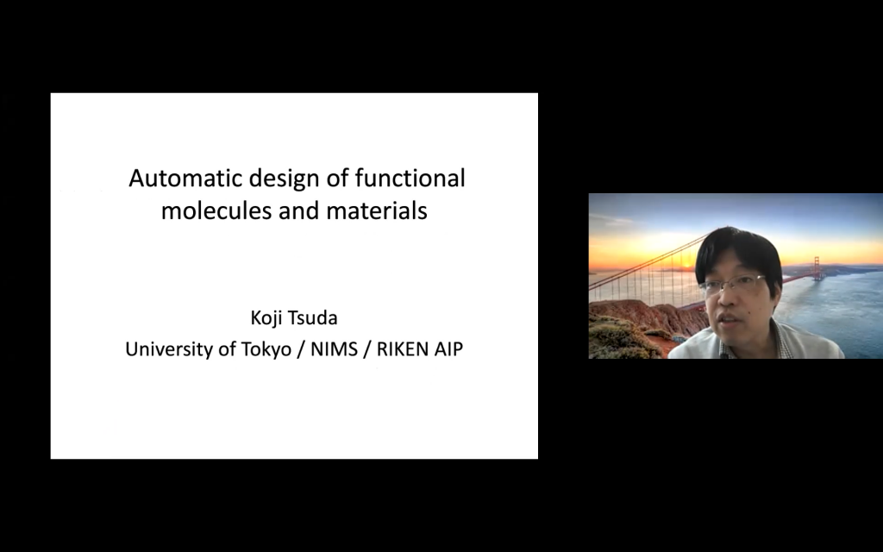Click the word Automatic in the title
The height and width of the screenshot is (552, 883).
(185, 178)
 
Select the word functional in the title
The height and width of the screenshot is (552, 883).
(410, 178)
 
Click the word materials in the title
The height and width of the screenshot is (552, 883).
(377, 210)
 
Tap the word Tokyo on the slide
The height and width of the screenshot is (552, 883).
(266, 350)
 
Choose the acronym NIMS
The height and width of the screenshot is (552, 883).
(334, 349)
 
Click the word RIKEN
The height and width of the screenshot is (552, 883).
(402, 349)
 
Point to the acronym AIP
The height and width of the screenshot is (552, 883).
(448, 349)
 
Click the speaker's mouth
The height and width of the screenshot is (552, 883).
(729, 320)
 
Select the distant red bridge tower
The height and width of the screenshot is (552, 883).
(817, 268)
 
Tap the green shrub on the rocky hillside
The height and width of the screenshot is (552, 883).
(618, 338)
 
